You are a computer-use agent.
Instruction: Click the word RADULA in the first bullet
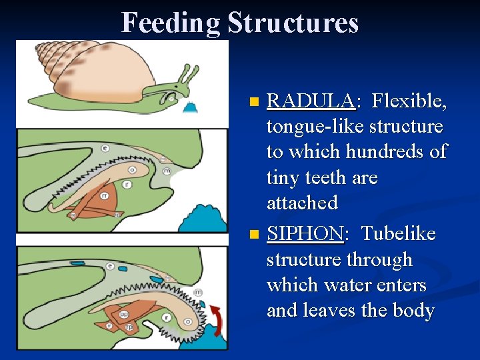(310, 101)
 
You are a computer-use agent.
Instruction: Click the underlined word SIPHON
(304, 235)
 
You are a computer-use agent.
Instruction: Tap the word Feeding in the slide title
(171, 23)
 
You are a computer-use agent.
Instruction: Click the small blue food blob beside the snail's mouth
(193, 107)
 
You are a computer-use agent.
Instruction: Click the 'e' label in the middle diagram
(105, 148)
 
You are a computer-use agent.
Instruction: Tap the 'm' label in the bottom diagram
(199, 293)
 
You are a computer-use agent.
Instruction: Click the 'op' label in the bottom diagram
(124, 314)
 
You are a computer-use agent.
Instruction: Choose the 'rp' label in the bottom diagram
(129, 327)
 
